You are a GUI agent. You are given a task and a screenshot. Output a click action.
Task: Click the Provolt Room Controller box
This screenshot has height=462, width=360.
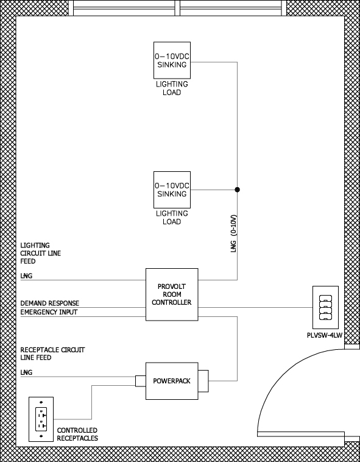click(x=172, y=294)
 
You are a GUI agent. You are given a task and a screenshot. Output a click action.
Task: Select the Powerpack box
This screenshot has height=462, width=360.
click(x=172, y=381)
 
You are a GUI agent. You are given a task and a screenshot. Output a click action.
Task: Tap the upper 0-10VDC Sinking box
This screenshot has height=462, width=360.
click(x=172, y=60)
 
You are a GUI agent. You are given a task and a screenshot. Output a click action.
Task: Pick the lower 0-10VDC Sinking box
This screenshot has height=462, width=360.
click(x=172, y=190)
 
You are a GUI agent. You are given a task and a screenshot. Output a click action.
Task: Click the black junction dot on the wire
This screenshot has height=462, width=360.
click(x=237, y=190)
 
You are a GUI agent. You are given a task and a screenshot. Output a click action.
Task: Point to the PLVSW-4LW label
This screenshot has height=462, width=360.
click(x=325, y=335)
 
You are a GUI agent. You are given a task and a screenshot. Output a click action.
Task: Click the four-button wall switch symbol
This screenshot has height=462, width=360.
click(x=325, y=307)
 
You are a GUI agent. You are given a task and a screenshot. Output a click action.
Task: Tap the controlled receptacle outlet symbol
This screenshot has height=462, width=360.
click(x=41, y=419)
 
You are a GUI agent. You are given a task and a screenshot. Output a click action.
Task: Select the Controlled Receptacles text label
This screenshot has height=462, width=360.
click(x=77, y=435)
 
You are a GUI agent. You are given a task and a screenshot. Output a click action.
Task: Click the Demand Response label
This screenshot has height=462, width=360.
click(x=50, y=303)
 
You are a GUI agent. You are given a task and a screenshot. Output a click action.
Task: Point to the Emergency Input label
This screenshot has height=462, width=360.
click(x=49, y=312)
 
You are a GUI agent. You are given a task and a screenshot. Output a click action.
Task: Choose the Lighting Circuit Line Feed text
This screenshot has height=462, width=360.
click(x=41, y=253)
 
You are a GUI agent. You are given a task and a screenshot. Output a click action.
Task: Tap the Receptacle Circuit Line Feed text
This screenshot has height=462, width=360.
click(x=52, y=354)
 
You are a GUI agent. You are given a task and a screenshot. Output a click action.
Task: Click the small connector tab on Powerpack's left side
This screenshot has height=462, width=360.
click(x=141, y=381)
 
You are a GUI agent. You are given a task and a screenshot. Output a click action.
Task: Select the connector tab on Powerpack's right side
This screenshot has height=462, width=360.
click(x=203, y=381)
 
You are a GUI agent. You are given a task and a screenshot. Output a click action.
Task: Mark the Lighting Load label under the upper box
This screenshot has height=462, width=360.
click(x=172, y=88)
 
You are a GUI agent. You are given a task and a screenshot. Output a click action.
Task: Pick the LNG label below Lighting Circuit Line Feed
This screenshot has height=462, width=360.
click(x=26, y=276)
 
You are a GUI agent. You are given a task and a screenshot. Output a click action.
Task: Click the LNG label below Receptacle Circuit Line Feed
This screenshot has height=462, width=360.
click(x=26, y=372)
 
